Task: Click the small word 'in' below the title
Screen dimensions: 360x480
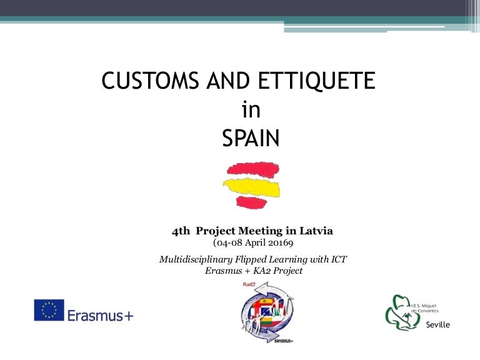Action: point(251,110)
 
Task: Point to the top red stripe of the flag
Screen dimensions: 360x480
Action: point(253,169)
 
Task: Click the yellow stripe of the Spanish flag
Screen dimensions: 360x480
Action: point(251,186)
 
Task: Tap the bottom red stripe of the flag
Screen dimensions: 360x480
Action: point(256,201)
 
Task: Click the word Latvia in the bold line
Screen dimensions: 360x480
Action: point(316,231)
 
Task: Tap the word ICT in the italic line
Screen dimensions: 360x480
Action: point(337,259)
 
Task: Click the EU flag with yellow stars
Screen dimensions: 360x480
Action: point(49,310)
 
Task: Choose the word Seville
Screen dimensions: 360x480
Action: point(437,325)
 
